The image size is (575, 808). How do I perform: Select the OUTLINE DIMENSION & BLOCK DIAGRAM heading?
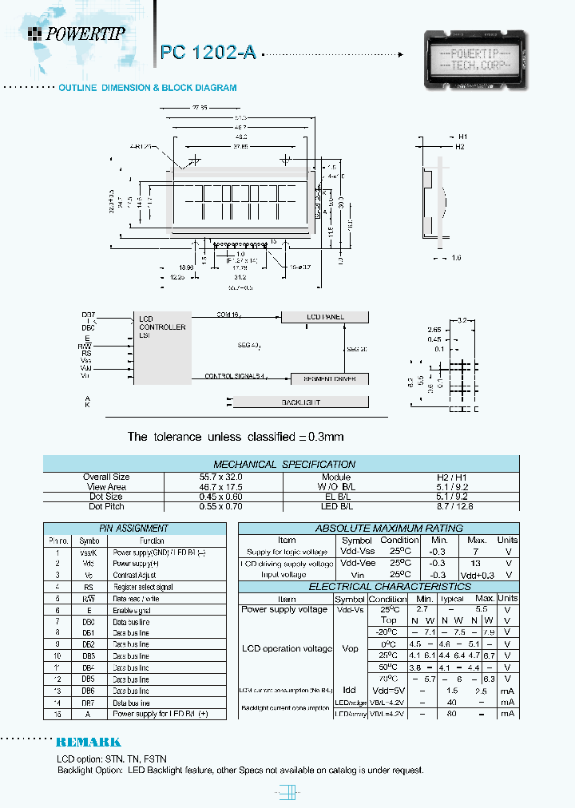pos(148,88)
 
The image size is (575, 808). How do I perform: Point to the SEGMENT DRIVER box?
pos(324,378)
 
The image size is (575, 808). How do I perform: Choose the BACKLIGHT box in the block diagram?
pos(299,402)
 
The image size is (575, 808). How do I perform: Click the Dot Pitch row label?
pos(106,506)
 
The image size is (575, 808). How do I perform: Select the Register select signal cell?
pos(143,587)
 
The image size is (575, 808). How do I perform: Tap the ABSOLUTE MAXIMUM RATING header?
pos(378,529)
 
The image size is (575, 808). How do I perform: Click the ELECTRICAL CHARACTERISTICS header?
pos(378,587)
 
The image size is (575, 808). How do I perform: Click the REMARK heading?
pos(89,742)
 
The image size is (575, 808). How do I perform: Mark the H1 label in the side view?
pos(462,137)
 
